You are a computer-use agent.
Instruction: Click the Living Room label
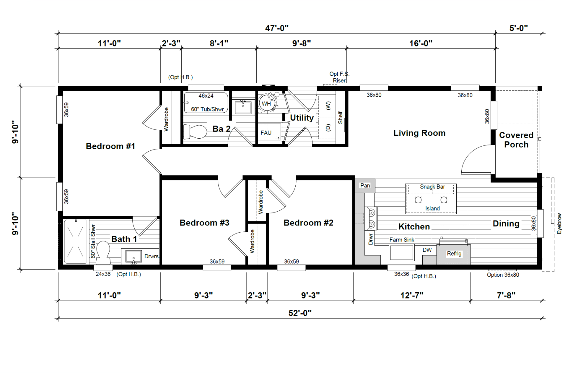[419, 133]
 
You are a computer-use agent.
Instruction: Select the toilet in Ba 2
[195, 132]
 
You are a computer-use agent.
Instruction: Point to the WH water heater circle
[267, 103]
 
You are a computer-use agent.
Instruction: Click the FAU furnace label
[266, 133]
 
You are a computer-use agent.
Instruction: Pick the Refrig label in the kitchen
[454, 254]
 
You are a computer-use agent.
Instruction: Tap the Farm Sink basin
[401, 252]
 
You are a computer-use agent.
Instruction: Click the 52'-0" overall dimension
[300, 313]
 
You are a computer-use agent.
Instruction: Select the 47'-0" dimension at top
[277, 28]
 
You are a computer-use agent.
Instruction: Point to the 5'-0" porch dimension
[519, 28]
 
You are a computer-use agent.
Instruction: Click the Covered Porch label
[516, 140]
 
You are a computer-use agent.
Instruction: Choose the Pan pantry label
[365, 186]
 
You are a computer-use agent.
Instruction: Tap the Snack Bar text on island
[432, 187]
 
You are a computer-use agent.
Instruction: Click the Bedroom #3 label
[204, 223]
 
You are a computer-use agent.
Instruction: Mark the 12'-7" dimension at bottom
[412, 295]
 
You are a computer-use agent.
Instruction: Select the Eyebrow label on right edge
[559, 224]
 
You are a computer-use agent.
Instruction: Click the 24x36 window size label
[103, 274]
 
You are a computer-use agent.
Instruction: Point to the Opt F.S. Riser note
[339, 77]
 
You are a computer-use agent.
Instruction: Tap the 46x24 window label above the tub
[206, 96]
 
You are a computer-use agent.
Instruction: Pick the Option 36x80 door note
[503, 275]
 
